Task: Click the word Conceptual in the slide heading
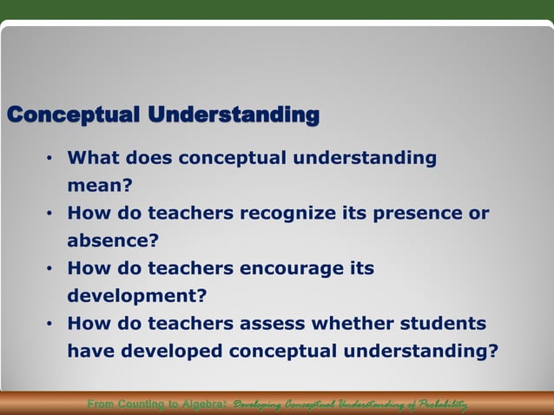point(72,115)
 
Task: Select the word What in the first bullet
point(92,158)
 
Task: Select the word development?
point(137,296)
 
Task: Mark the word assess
point(271,324)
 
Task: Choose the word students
point(443,324)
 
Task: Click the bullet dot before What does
point(50,158)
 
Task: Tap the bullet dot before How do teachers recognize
point(50,214)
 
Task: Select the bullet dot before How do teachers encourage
point(50,269)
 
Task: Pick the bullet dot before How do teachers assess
point(50,324)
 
